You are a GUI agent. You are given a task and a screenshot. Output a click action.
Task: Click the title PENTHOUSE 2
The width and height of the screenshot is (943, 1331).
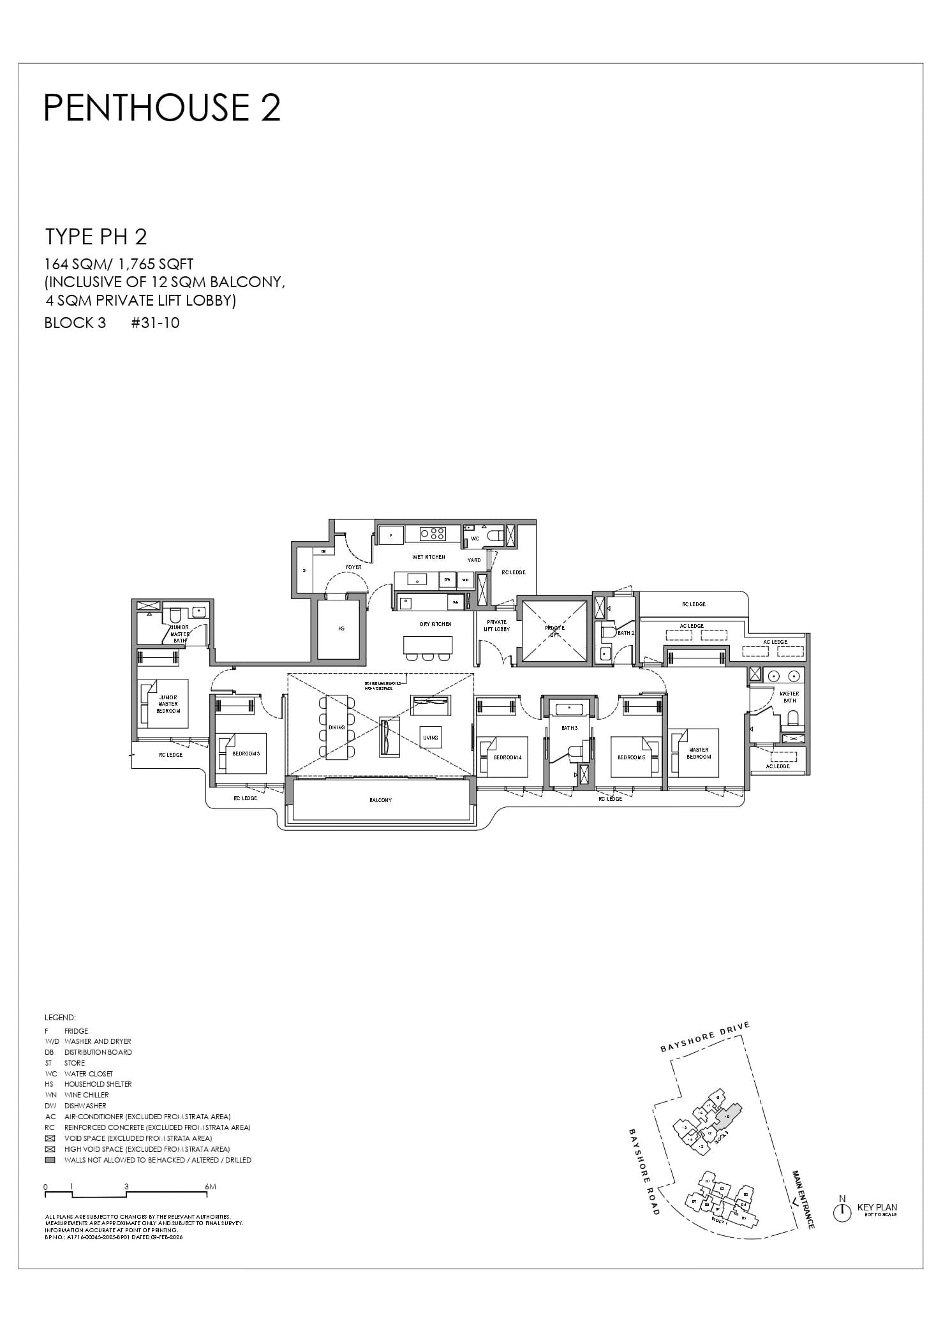[162, 107]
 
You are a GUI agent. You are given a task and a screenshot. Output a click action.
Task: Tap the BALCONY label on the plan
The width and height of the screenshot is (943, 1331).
[380, 800]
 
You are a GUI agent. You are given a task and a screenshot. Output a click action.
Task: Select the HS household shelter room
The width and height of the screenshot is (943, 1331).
[341, 629]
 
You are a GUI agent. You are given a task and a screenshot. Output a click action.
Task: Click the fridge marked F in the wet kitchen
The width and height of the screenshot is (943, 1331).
[390, 535]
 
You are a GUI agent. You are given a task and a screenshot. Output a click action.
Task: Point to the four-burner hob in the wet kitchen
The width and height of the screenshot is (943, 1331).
[433, 533]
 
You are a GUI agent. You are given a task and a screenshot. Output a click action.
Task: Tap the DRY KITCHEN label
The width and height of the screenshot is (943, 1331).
[435, 624]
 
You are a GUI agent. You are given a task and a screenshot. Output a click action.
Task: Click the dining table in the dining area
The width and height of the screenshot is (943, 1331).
[337, 727]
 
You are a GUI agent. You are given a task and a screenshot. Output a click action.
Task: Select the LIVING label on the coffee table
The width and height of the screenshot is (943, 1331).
[431, 738]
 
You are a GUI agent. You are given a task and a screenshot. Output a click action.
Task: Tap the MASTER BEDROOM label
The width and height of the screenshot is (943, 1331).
[699, 754]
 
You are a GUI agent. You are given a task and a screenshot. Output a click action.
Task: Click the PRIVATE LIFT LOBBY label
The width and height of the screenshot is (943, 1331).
[496, 626]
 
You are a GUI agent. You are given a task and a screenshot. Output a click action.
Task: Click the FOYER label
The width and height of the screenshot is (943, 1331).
[353, 567]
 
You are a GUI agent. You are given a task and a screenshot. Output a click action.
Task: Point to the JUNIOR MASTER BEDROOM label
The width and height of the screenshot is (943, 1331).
[168, 704]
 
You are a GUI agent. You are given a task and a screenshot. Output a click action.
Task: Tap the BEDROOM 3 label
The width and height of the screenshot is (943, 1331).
[246, 754]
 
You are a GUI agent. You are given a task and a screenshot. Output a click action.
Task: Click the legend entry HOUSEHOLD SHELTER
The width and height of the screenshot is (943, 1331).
[98, 1084]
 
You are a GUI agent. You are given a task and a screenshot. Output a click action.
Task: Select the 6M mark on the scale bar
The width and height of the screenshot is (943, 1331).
[210, 1187]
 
